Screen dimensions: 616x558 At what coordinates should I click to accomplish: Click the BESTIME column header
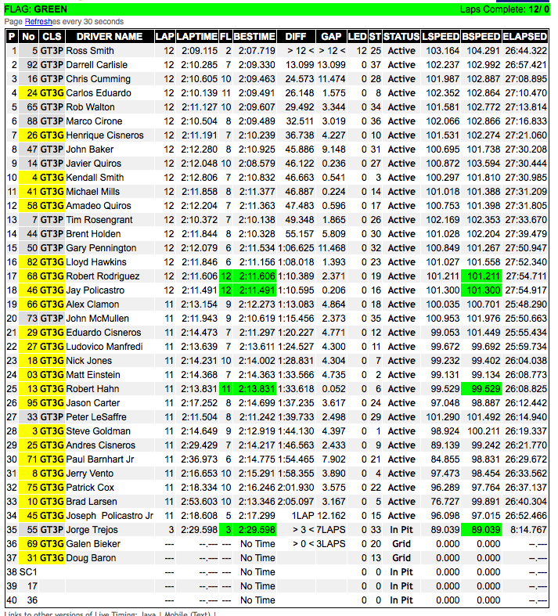point(254,37)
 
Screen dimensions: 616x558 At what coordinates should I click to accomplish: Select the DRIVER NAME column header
point(109,37)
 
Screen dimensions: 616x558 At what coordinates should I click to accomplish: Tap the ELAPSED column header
point(525,37)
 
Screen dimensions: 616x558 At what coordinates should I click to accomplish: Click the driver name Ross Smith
point(90,51)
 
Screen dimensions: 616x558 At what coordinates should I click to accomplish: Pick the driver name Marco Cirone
point(94,121)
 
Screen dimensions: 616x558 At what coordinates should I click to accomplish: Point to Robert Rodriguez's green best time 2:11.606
point(254,276)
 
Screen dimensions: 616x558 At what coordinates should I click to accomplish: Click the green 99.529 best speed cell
point(481,389)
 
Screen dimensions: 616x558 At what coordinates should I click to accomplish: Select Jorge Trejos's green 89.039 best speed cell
point(481,530)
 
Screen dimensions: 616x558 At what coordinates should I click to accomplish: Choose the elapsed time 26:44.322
point(525,51)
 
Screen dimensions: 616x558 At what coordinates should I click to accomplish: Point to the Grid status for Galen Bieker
point(401,544)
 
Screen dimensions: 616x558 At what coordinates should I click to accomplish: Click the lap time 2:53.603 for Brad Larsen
point(197,502)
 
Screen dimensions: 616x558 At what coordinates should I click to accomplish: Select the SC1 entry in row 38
point(28,572)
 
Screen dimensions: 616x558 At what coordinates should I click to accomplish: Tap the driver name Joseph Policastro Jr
point(110,516)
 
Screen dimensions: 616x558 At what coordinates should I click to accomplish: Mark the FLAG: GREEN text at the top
point(36,9)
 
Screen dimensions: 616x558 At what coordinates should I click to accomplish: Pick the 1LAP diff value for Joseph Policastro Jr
point(301,516)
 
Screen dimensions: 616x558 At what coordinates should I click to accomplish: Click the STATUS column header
point(401,37)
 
